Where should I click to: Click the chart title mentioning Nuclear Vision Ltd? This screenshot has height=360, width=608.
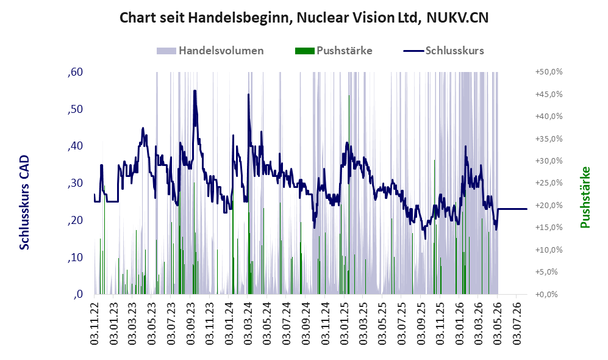[x=304, y=18]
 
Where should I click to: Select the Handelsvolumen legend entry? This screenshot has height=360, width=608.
[x=210, y=51]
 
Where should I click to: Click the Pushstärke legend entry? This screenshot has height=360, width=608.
[x=334, y=51]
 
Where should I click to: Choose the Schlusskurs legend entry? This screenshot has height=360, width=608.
[x=443, y=51]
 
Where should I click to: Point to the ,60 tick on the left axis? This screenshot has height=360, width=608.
[x=75, y=72]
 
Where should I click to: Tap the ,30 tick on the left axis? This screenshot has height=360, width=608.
[x=75, y=183]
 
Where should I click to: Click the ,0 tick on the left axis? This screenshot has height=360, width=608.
[x=78, y=294]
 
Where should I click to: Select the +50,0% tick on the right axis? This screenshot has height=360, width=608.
[x=549, y=72]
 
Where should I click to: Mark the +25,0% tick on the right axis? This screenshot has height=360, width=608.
[x=549, y=183]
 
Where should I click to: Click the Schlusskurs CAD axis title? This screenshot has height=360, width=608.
[x=24, y=203]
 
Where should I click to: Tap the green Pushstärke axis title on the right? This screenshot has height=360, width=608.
[x=585, y=198]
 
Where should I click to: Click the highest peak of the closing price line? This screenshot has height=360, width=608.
[x=195, y=91]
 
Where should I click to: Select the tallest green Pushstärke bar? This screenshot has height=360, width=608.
[x=349, y=195]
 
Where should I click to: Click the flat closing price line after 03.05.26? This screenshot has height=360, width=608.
[x=512, y=209]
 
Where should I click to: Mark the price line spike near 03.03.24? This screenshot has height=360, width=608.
[x=249, y=94]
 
